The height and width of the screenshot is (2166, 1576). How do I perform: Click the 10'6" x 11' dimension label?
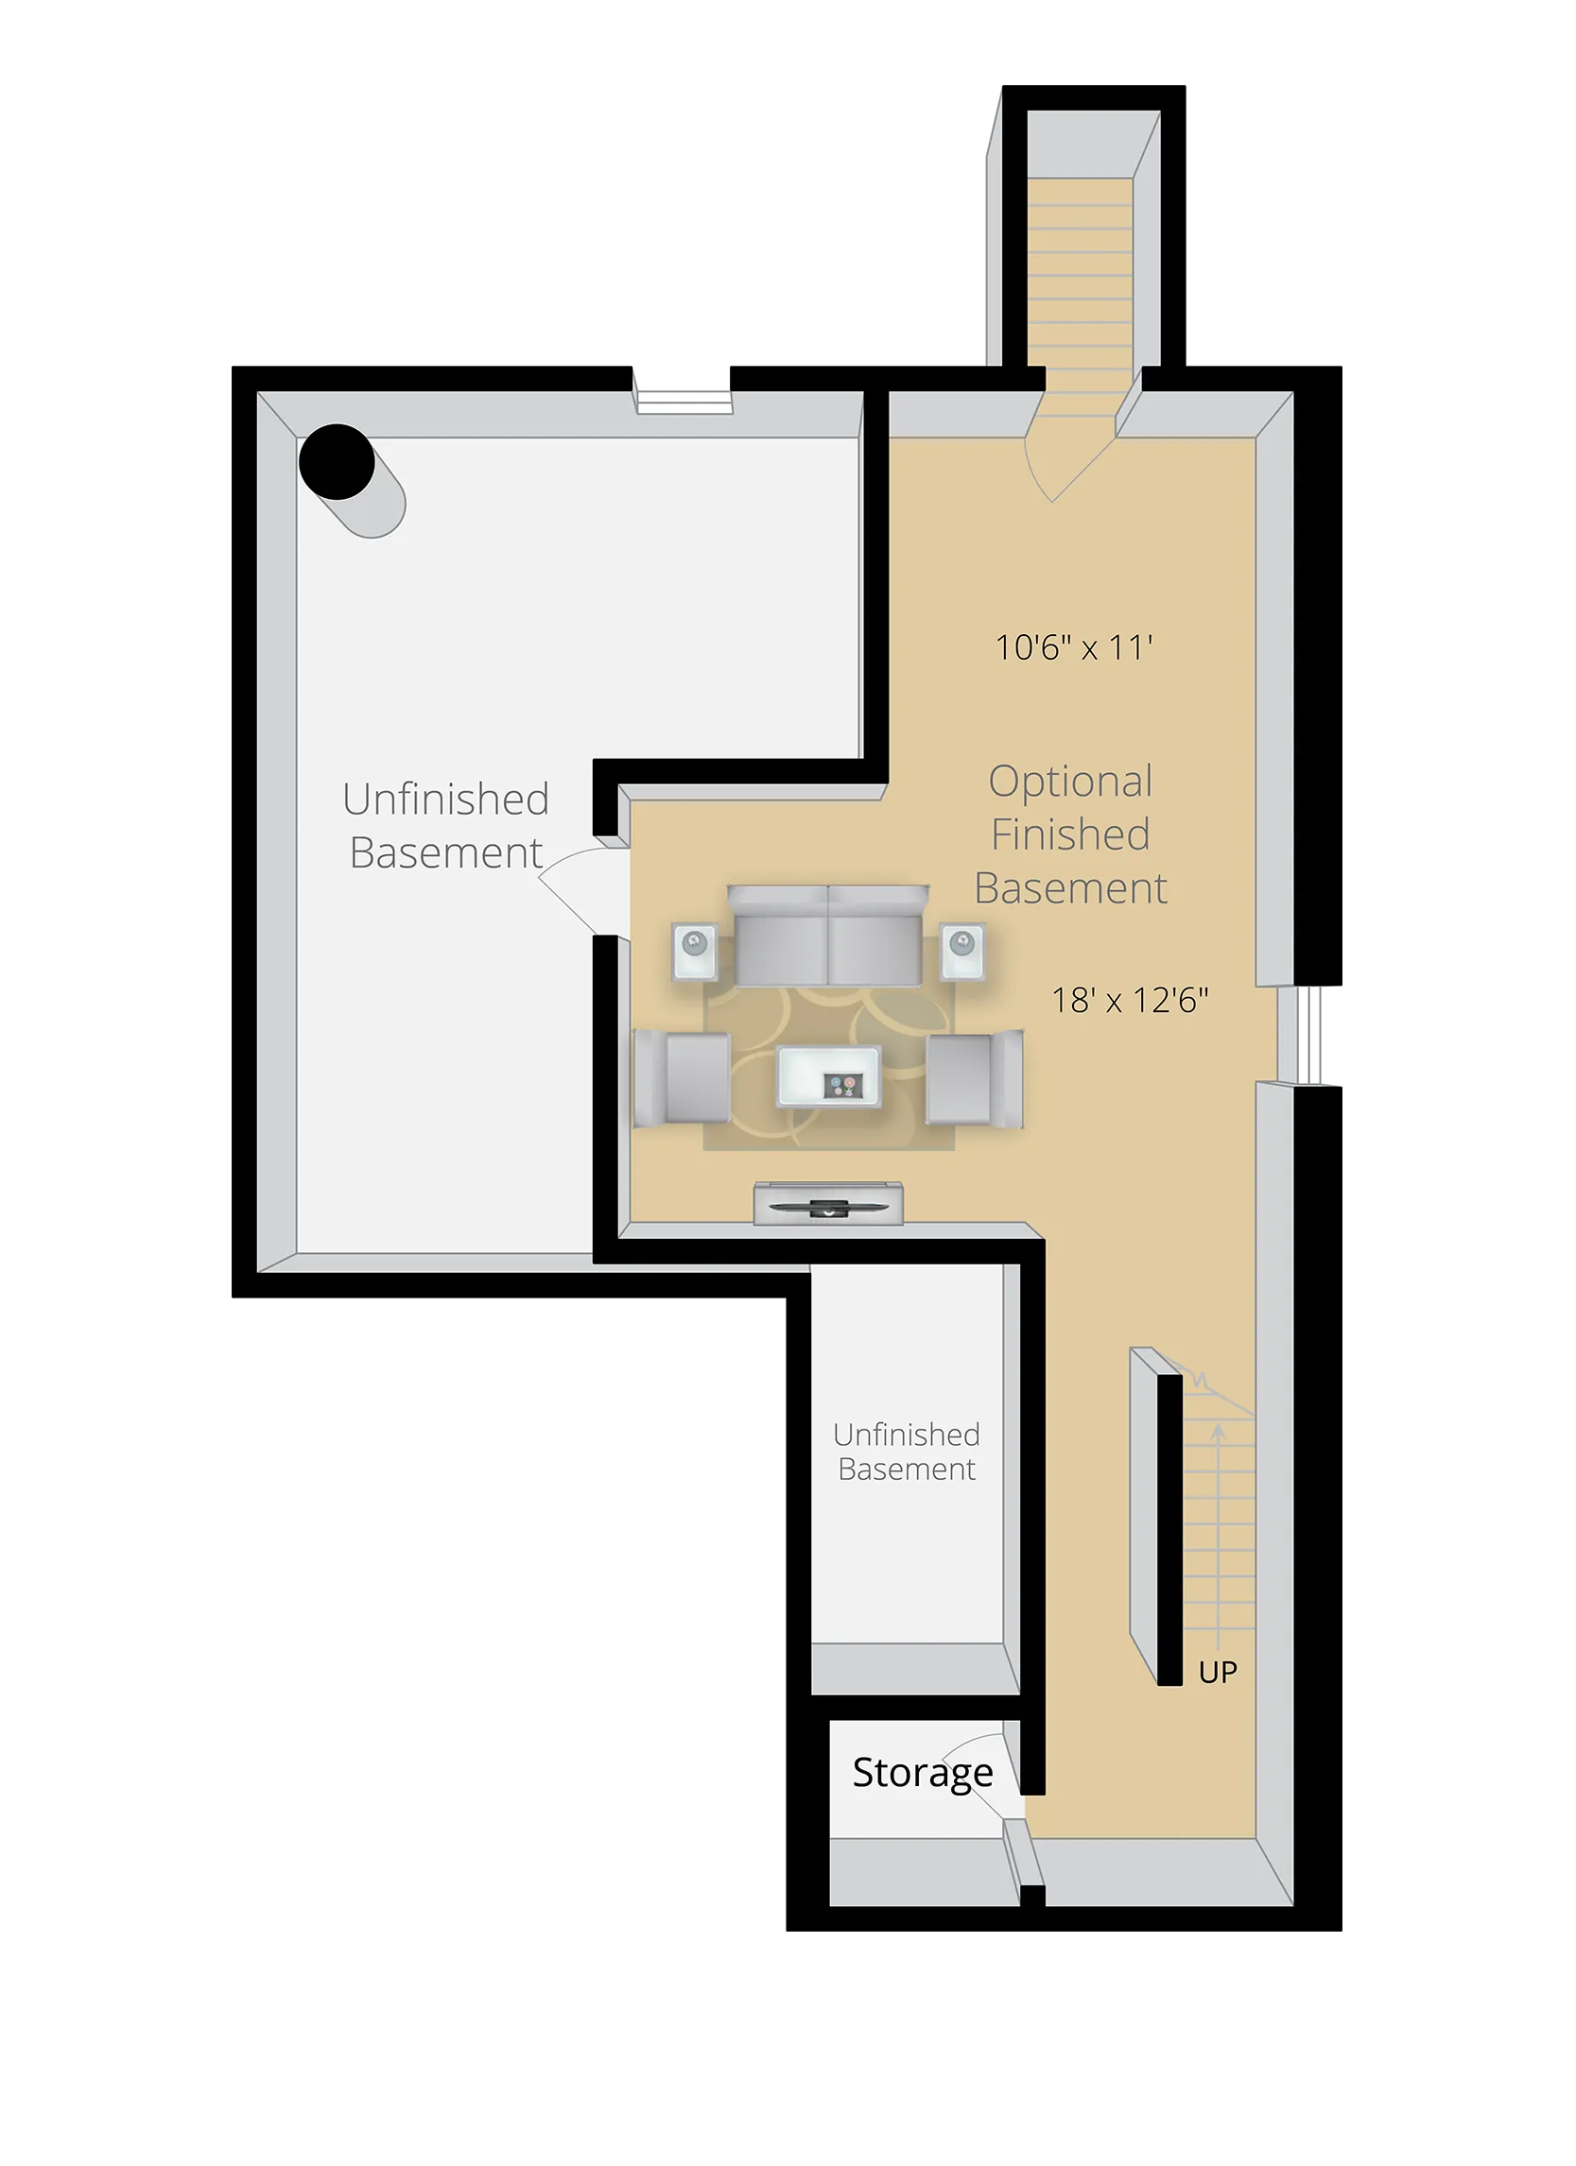(x=1074, y=648)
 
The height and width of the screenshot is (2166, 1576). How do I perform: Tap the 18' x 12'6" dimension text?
(x=1130, y=1000)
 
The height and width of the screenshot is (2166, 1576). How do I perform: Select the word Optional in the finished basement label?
(x=1070, y=782)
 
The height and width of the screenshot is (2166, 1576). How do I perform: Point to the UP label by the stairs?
(x=1218, y=1673)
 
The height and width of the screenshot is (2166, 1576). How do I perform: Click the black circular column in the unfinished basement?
(x=337, y=461)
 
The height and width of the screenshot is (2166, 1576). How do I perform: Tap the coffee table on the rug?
(x=828, y=1076)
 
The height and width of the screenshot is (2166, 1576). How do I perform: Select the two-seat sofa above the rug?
(x=827, y=936)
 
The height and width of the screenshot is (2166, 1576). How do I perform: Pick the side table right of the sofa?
(x=961, y=952)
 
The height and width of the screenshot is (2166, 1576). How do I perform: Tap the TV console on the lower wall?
(x=828, y=1203)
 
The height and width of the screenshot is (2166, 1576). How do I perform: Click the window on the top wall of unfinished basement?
(x=684, y=399)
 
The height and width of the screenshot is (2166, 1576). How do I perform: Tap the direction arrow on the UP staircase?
(x=1219, y=1452)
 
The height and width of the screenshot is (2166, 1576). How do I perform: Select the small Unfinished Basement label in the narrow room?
(x=907, y=1452)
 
